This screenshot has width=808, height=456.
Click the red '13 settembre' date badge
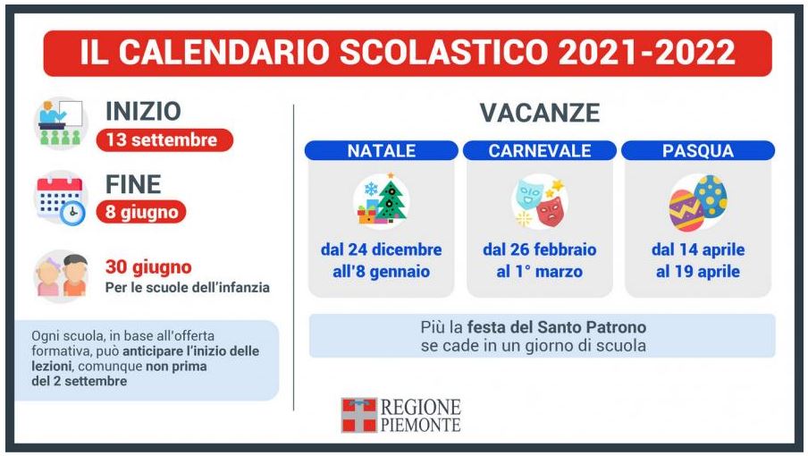coord(164,139)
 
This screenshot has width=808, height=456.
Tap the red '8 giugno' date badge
coord(141,212)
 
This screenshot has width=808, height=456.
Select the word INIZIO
coord(143,111)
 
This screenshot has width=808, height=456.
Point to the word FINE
coord(133,184)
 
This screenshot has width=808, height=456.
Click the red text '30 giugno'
coord(148,267)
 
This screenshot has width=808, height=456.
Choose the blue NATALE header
coord(382,150)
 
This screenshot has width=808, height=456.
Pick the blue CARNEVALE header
coord(540,150)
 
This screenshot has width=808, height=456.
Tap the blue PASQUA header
coord(698,150)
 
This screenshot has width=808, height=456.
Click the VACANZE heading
coord(540,113)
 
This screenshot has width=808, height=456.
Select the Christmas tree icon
coord(391,201)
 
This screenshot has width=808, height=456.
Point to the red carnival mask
coord(550,211)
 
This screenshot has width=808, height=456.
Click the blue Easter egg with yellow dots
coord(711,196)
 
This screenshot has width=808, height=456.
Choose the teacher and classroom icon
coord(61,123)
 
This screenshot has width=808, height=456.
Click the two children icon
coord(61,276)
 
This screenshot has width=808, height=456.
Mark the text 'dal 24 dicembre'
coord(382,249)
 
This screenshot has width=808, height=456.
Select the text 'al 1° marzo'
coord(540,272)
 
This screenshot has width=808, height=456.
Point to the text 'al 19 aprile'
coord(698,272)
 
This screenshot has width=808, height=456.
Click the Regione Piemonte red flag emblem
coord(359,415)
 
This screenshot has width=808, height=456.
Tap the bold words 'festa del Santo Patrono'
coord(557,327)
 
